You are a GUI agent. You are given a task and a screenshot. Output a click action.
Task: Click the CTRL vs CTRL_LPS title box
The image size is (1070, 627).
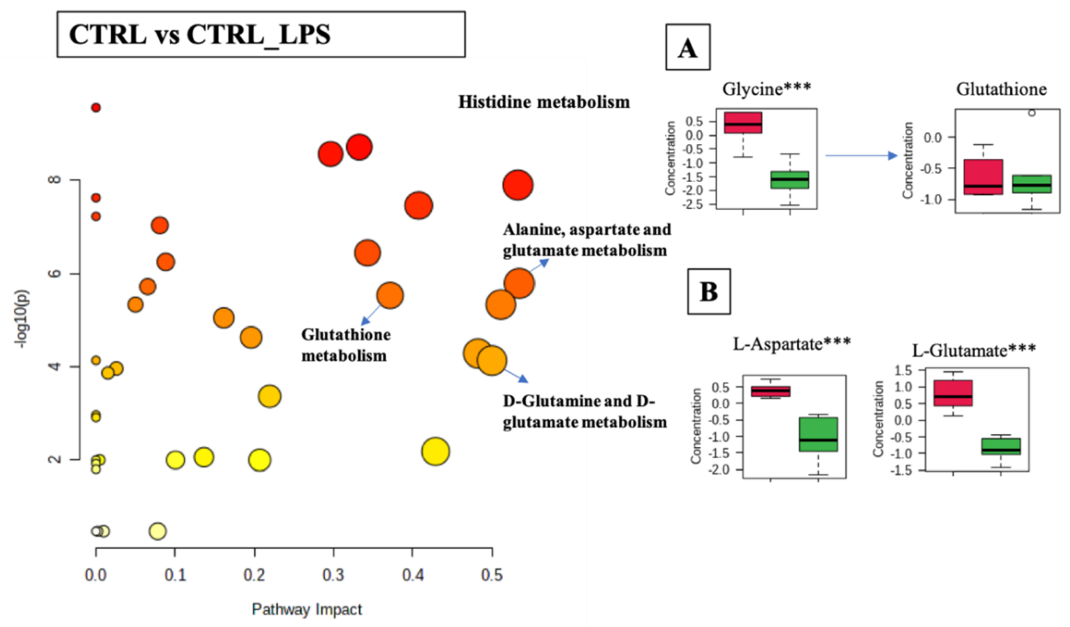pos(261,34)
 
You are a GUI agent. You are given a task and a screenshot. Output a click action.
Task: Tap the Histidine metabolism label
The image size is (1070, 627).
pos(544,102)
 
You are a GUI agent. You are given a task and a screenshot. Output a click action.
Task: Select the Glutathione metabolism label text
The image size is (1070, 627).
pos(345,345)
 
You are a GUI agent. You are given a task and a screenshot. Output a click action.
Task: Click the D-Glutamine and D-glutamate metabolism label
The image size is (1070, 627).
pos(584,412)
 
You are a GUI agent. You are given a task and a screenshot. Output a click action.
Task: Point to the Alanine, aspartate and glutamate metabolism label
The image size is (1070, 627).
pos(587,240)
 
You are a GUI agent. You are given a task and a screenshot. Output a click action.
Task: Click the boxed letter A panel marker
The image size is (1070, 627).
pos(688,47)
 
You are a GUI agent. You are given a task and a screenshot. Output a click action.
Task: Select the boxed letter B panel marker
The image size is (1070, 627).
pos(709,291)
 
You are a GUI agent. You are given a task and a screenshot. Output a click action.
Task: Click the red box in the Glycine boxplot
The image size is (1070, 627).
pos(743,123)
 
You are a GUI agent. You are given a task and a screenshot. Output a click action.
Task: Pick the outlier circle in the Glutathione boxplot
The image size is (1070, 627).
pos(1031,113)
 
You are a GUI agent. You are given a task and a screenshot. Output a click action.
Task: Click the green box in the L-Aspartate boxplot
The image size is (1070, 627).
pos(818,434)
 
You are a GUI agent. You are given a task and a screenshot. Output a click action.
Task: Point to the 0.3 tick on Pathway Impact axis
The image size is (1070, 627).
pos(333,575)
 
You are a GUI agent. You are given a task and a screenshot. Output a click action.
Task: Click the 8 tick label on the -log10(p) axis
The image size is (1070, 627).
pos(55,180)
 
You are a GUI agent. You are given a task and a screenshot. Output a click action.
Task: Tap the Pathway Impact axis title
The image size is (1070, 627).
pos(307,609)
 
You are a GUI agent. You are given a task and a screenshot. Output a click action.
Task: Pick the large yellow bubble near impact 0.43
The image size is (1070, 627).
pos(435,451)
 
